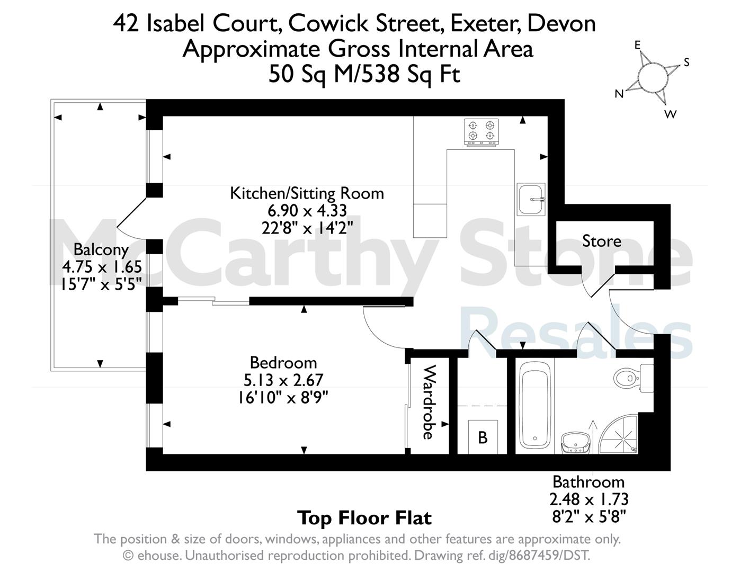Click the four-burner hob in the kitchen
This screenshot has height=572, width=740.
pos(481,132)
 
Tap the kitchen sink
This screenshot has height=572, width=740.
pos(531,199)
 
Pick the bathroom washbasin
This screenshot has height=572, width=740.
pos(575,442)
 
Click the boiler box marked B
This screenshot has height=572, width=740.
pos(483,437)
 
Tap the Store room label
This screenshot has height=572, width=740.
pos(602,241)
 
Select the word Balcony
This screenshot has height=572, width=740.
pos(101,250)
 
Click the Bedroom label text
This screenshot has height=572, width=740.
pos(283,363)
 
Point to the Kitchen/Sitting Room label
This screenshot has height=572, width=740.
pos(307,194)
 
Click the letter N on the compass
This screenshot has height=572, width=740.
pos(619,93)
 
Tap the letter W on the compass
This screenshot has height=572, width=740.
pos(670,114)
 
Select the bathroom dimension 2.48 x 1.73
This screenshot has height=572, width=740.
pos(589,499)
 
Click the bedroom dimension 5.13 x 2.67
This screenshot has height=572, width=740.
pos(283,380)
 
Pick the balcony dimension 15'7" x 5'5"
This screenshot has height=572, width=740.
pos(101,283)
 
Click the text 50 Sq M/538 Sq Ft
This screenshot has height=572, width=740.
pos(364,74)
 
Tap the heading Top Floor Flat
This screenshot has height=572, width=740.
pos(364,519)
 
